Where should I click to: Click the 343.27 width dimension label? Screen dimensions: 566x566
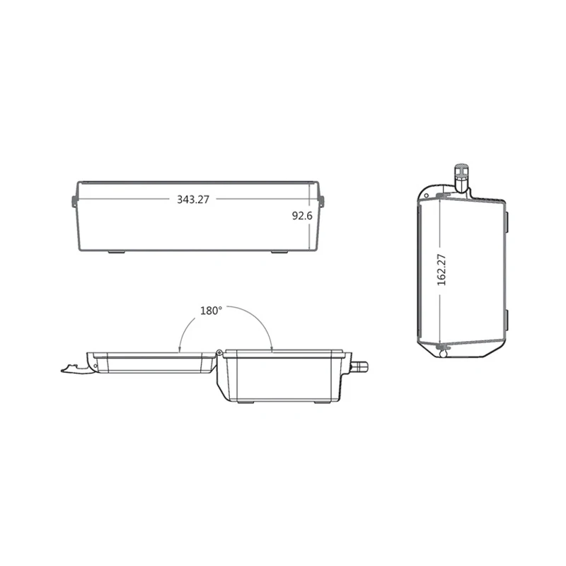point(193,200)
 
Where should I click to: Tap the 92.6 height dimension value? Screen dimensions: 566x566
point(302,216)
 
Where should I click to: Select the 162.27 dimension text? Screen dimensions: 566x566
point(441,269)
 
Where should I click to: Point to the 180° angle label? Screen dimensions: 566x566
point(211,310)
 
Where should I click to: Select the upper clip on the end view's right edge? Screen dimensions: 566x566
point(507,219)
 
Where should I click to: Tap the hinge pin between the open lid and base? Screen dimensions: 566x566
point(220,352)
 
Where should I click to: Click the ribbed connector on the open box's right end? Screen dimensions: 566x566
point(361,366)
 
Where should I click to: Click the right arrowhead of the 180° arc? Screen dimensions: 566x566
point(272,347)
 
